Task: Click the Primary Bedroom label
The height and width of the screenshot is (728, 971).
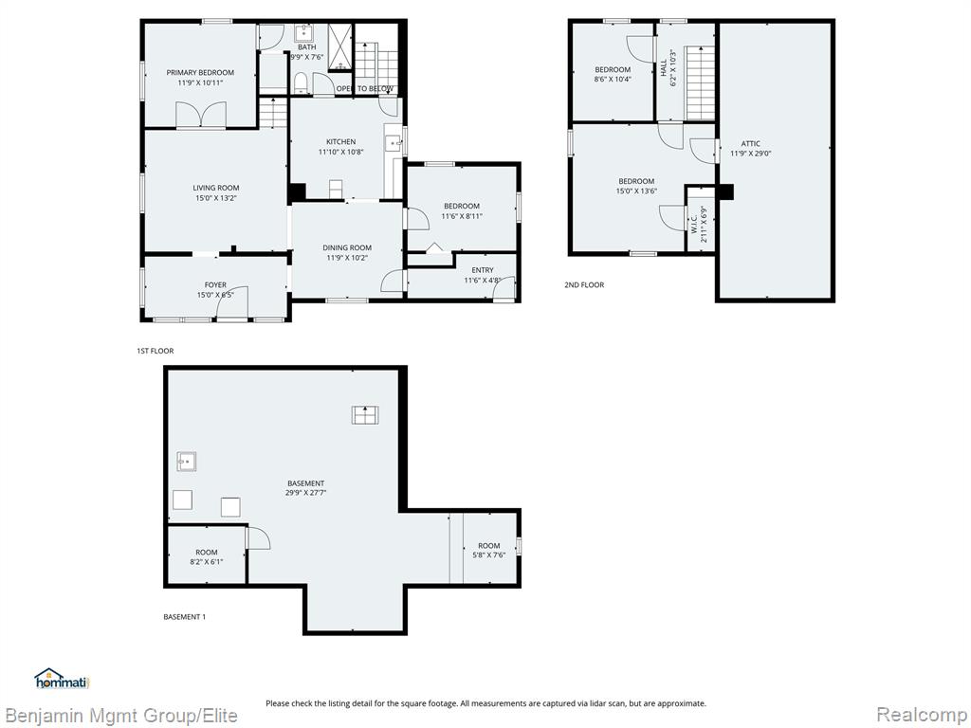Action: (200, 72)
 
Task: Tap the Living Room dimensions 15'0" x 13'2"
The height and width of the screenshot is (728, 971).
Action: (216, 198)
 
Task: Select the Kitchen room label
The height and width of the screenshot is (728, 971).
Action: (340, 142)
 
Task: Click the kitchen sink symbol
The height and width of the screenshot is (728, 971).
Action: (393, 144)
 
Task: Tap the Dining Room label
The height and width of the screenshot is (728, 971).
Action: (347, 247)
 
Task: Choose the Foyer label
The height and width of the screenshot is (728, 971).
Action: (215, 284)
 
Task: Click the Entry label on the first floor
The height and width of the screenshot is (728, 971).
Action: (483, 270)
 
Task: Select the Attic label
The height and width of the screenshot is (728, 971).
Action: (751, 144)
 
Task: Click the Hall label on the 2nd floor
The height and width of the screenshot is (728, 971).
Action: (664, 67)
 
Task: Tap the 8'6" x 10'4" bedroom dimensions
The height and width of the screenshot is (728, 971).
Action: (613, 80)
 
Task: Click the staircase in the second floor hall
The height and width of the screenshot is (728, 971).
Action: (701, 83)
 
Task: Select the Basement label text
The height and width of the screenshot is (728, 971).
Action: (306, 482)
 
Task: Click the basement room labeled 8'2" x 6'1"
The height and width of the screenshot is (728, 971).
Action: (207, 555)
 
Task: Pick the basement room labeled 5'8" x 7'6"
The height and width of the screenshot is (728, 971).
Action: (489, 548)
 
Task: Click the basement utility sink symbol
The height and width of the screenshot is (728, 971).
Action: (187, 462)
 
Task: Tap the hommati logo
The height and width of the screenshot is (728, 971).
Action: (62, 679)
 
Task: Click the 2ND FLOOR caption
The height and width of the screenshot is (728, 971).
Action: (584, 284)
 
